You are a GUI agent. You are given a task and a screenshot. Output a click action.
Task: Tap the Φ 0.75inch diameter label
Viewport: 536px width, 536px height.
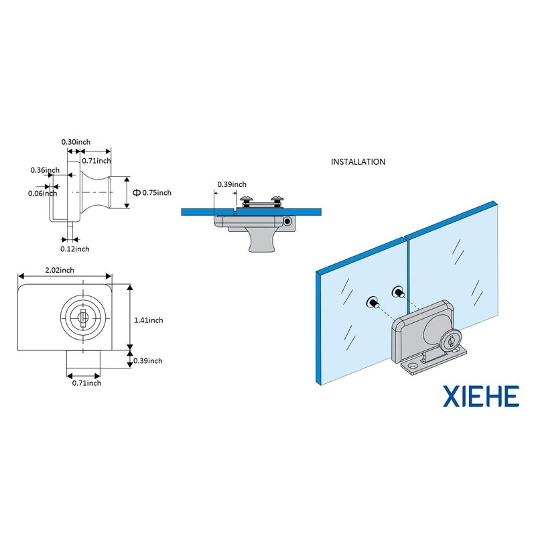tap(152, 192)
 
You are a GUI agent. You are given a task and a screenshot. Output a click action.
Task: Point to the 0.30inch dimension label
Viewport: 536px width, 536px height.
tap(76, 142)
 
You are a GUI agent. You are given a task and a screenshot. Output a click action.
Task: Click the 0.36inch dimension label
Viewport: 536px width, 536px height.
tap(45, 170)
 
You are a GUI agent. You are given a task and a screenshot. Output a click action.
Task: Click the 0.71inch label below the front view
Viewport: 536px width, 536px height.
tap(86, 383)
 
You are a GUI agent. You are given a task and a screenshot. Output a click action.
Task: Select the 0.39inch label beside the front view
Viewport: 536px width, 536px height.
tap(147, 360)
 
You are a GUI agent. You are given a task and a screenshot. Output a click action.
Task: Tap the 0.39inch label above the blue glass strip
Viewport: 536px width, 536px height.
tap(231, 184)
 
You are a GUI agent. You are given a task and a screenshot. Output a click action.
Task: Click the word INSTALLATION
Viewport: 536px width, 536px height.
tap(358, 161)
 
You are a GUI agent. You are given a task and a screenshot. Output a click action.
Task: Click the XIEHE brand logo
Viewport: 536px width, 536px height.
tap(481, 397)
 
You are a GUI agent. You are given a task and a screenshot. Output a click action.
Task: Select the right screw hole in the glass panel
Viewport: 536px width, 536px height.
tap(397, 291)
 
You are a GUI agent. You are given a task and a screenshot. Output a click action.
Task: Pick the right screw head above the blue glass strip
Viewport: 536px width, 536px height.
tap(277, 198)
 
